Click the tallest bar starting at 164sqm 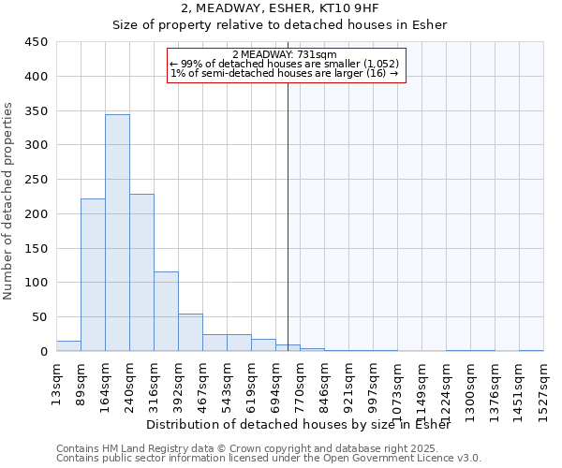coord(117,233)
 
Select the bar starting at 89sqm coord(93,275)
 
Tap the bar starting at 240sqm coord(141,272)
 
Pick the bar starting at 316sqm coord(166,312)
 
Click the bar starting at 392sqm coord(190,332)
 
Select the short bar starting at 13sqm coord(68,346)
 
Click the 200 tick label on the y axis coord(37,214)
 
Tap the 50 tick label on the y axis coord(41,317)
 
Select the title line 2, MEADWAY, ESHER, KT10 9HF coord(280,8)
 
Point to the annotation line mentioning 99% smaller coord(285,64)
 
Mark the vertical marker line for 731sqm coord(288,215)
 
